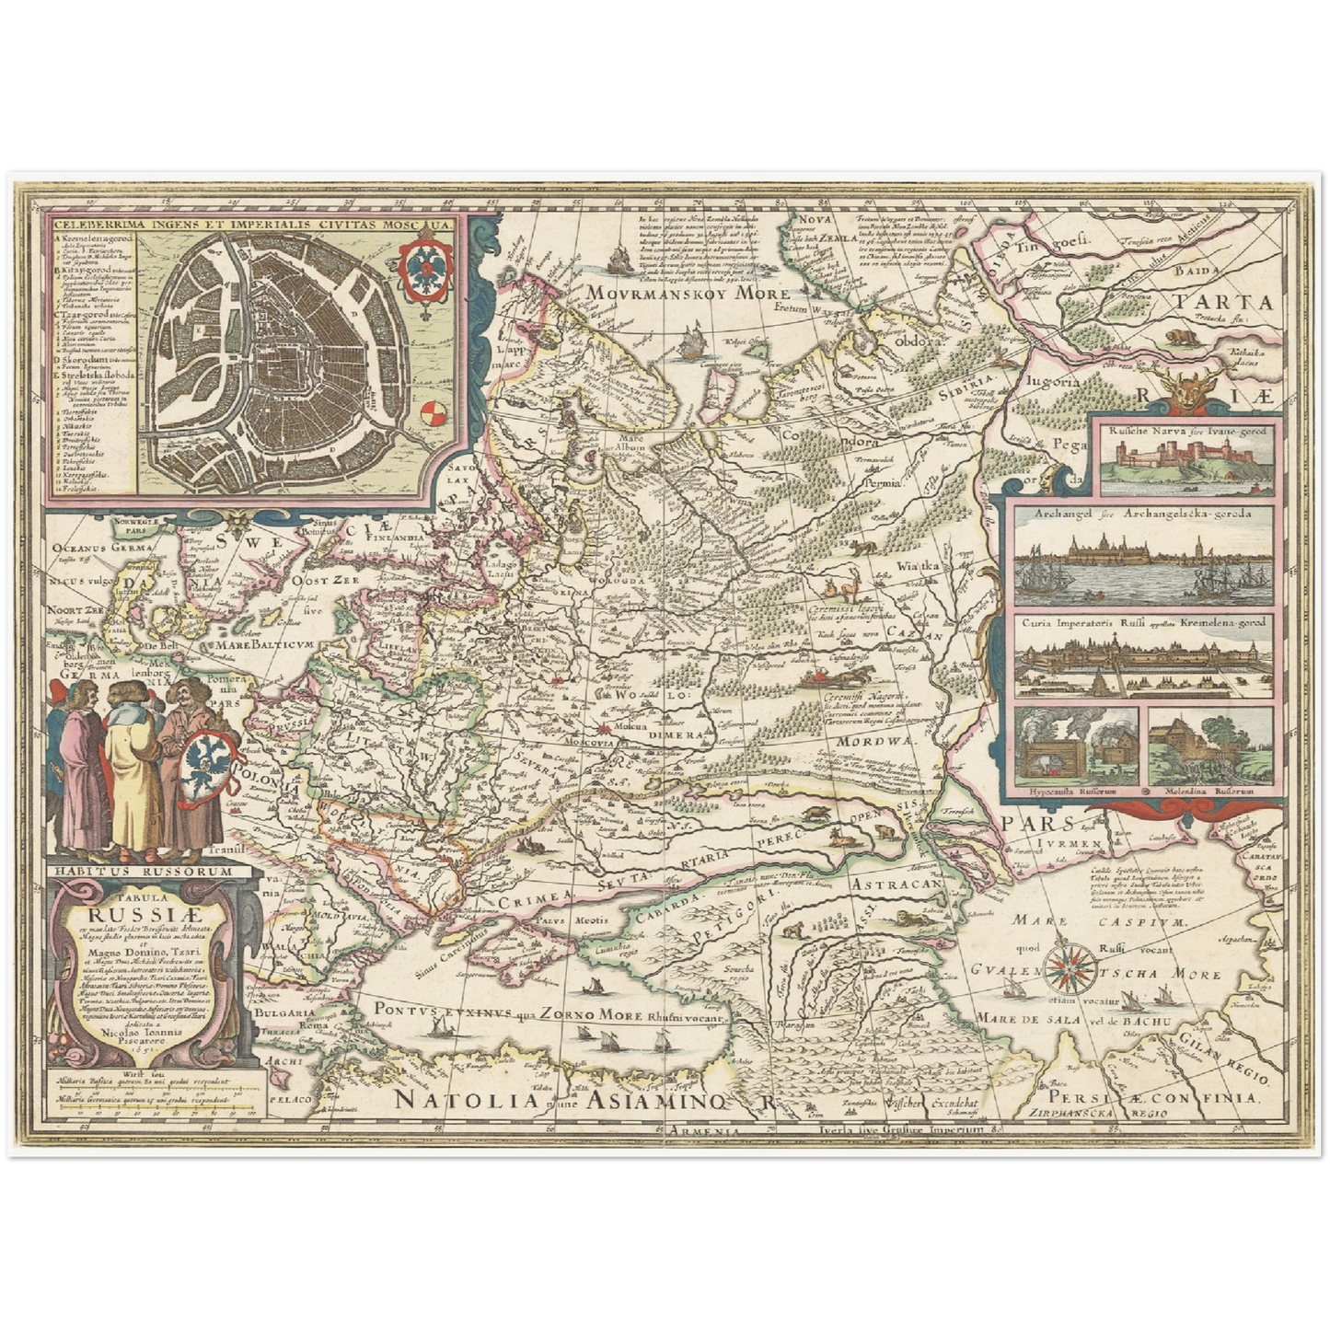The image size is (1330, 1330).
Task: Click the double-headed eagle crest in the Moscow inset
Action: pos(424,262)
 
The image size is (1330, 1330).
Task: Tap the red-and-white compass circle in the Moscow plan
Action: pos(430,415)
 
